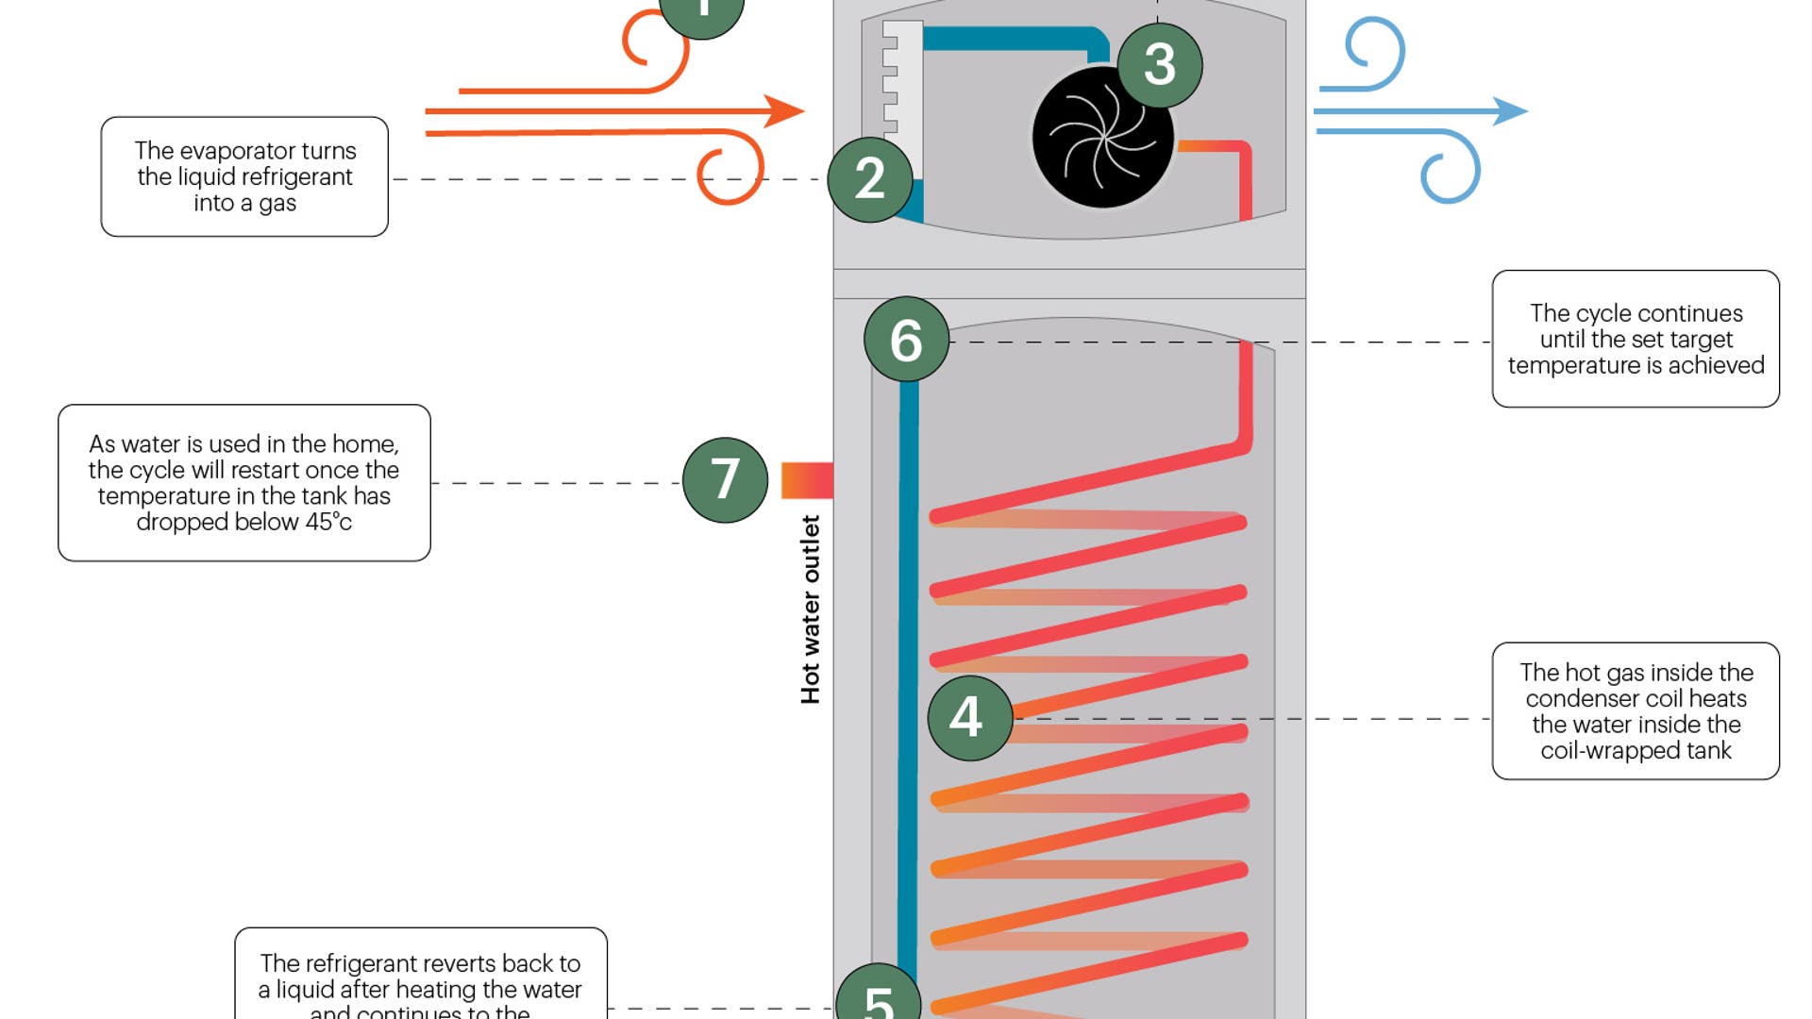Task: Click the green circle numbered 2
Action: (x=869, y=179)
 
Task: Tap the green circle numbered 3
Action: (x=1159, y=65)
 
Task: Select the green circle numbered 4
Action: (x=969, y=718)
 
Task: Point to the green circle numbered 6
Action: (x=906, y=340)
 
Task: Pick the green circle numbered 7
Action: (x=725, y=479)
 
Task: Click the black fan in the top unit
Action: (x=1102, y=139)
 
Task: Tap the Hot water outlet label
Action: (x=810, y=610)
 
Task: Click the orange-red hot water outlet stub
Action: (x=807, y=480)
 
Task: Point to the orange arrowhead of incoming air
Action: (x=784, y=111)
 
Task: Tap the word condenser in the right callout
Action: (x=1582, y=699)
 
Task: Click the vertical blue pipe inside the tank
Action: (x=908, y=660)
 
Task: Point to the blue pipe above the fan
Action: (x=1010, y=39)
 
